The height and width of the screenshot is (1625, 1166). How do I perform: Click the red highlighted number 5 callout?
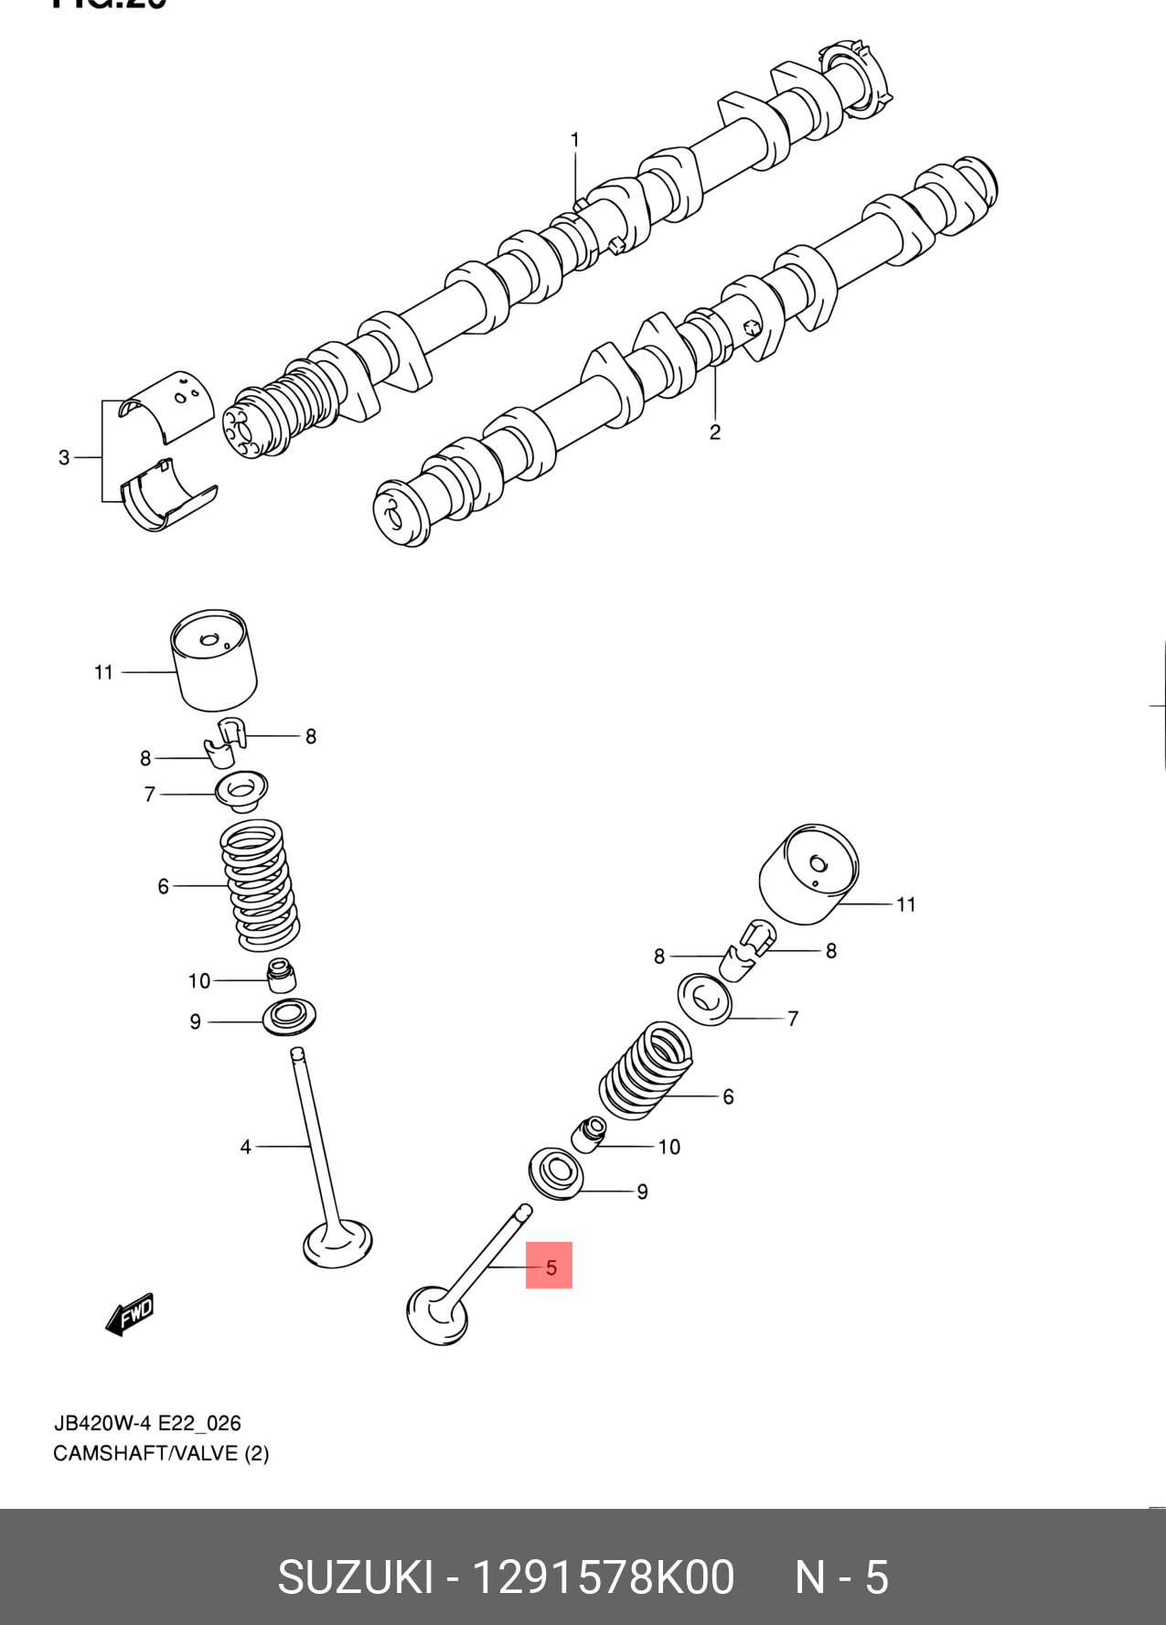pos(550,1267)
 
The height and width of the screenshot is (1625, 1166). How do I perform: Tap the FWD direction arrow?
pos(131,1314)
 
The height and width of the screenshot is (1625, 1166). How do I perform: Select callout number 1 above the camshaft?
pos(575,140)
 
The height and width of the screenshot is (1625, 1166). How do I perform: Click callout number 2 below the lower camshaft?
pos(715,432)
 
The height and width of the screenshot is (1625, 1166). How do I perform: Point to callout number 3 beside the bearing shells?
pos(64,457)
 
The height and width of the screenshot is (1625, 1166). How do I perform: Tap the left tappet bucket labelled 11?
pos(214,659)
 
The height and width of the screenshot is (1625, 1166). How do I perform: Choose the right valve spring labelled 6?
pos(647,1071)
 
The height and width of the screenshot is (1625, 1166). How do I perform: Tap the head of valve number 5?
pos(435,1316)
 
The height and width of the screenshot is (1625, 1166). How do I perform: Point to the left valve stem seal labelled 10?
pos(281,976)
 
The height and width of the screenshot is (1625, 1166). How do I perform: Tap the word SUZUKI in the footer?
pos(355,1577)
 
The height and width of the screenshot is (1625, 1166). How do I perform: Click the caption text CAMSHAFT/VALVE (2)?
pos(161,1453)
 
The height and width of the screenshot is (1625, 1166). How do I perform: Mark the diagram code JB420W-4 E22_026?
pos(147,1423)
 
